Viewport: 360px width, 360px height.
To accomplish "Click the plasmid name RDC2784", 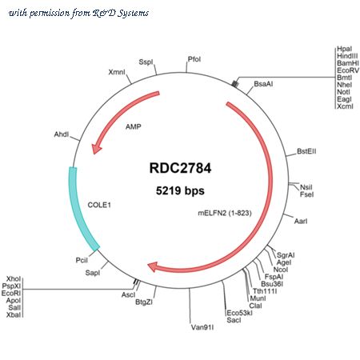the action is pyautogui.click(x=180, y=168).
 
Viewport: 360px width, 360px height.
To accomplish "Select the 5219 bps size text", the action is pyautogui.click(x=180, y=190).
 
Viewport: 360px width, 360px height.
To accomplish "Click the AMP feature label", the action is pyautogui.click(x=134, y=126).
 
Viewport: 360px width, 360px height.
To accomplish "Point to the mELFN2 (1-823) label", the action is pyautogui.click(x=225, y=213).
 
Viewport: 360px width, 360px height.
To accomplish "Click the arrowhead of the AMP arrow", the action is pyautogui.click(x=95, y=148).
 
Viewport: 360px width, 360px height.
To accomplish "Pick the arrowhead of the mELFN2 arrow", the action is pyautogui.click(x=153, y=267).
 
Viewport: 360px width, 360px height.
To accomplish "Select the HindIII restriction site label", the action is pyautogui.click(x=347, y=56).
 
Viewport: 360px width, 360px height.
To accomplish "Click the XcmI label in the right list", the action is pyautogui.click(x=345, y=106).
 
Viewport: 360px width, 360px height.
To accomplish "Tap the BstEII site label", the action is pyautogui.click(x=306, y=151).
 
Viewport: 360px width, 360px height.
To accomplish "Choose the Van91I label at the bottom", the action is pyautogui.click(x=202, y=327).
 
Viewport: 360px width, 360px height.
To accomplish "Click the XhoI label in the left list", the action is pyautogui.click(x=14, y=279).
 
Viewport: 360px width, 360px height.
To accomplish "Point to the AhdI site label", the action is pyautogui.click(x=62, y=134).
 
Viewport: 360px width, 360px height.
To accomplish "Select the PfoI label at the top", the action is pyautogui.click(x=194, y=59).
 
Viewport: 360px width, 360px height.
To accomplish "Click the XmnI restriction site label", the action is pyautogui.click(x=117, y=72).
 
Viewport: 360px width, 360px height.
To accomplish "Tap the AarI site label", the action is pyautogui.click(x=301, y=222).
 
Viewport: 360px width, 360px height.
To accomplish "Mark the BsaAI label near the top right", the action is pyautogui.click(x=263, y=84).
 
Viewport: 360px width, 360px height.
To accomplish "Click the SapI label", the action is pyautogui.click(x=93, y=273).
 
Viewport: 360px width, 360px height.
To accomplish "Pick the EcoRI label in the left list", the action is pyautogui.click(x=11, y=294).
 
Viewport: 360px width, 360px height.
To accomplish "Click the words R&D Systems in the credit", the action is pyautogui.click(x=121, y=13).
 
